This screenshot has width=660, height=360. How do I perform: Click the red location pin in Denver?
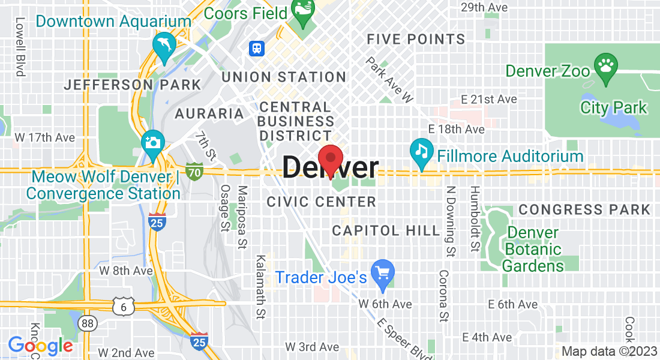point(330,159)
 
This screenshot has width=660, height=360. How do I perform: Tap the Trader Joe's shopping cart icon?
point(382,273)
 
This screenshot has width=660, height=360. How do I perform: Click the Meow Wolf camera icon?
point(154,144)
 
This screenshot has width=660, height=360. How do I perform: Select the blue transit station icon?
point(257,48)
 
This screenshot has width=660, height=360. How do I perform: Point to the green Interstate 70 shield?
point(194,171)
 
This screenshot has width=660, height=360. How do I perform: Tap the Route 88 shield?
point(88,323)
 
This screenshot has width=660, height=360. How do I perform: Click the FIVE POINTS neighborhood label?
point(416,40)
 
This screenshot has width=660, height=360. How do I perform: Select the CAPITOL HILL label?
point(374,230)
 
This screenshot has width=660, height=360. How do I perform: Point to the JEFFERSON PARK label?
point(132,85)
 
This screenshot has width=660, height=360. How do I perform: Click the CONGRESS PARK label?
point(584,209)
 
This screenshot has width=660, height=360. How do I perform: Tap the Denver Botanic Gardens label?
point(533,249)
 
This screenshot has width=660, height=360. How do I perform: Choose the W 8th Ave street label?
point(125,270)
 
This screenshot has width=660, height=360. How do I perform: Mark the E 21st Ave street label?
point(489,99)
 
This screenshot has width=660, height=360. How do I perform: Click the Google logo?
point(40,346)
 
